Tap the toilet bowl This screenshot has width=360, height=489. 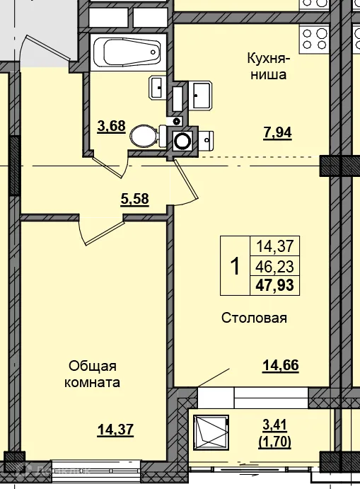(144, 134)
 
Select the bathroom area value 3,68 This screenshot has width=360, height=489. (111, 127)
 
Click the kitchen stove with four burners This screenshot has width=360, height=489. (315, 35)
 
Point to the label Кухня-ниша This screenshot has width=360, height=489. (267, 65)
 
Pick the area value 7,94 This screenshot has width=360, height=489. (277, 132)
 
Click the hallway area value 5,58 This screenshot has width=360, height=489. (135, 200)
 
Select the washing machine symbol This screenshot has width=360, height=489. (183, 139)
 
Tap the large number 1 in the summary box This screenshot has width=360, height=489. (235, 266)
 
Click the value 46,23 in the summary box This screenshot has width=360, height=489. (278, 266)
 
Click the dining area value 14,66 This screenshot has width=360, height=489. (280, 365)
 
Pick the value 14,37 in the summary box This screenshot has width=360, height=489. (278, 247)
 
